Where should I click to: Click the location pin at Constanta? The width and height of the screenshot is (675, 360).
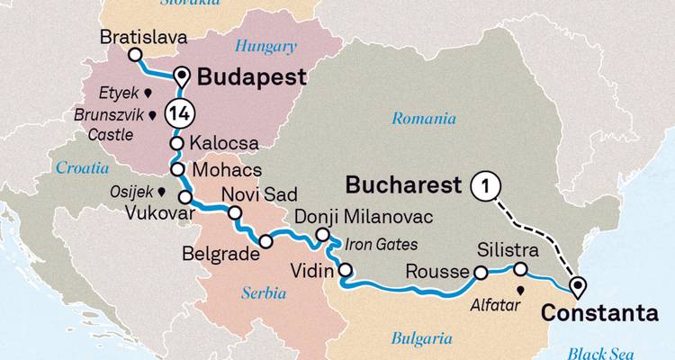[577, 287]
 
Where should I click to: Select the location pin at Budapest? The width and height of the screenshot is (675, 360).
[182, 76]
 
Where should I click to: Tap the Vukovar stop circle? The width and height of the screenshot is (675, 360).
[185, 197]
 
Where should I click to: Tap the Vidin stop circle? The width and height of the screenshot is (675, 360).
[345, 270]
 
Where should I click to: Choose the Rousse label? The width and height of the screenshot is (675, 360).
[437, 271]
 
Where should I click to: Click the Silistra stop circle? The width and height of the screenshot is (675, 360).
[520, 269]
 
